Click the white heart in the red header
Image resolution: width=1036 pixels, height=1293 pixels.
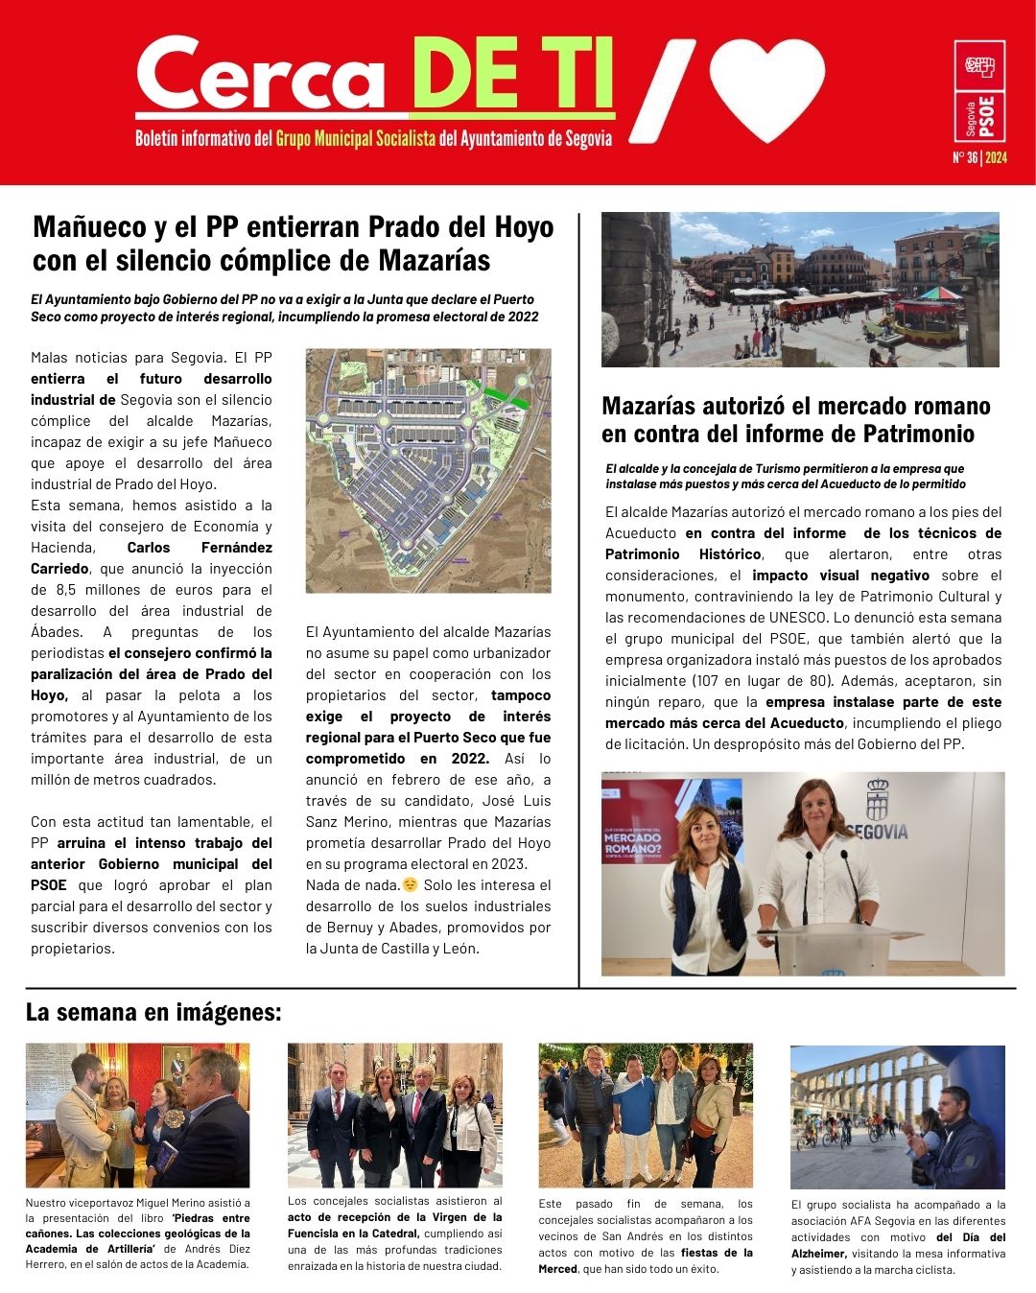767,88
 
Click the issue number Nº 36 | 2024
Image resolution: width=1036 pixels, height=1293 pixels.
979,158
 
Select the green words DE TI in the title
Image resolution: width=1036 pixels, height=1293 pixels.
512,76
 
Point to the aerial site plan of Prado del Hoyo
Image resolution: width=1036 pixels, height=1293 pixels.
428,470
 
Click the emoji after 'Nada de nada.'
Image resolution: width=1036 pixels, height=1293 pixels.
411,884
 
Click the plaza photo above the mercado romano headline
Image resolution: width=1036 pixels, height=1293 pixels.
800,290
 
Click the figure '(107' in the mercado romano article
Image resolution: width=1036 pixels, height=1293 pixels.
707,681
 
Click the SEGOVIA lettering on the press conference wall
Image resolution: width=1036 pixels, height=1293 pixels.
878,831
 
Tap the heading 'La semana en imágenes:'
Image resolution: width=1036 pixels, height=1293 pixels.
153,1012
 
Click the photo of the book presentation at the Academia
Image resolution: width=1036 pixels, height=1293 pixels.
137,1116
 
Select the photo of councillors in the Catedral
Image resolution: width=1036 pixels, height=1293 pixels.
394,1116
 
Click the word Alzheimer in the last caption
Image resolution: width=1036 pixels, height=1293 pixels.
817,1254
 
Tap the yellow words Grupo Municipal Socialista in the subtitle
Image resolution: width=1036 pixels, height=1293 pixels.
356,139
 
